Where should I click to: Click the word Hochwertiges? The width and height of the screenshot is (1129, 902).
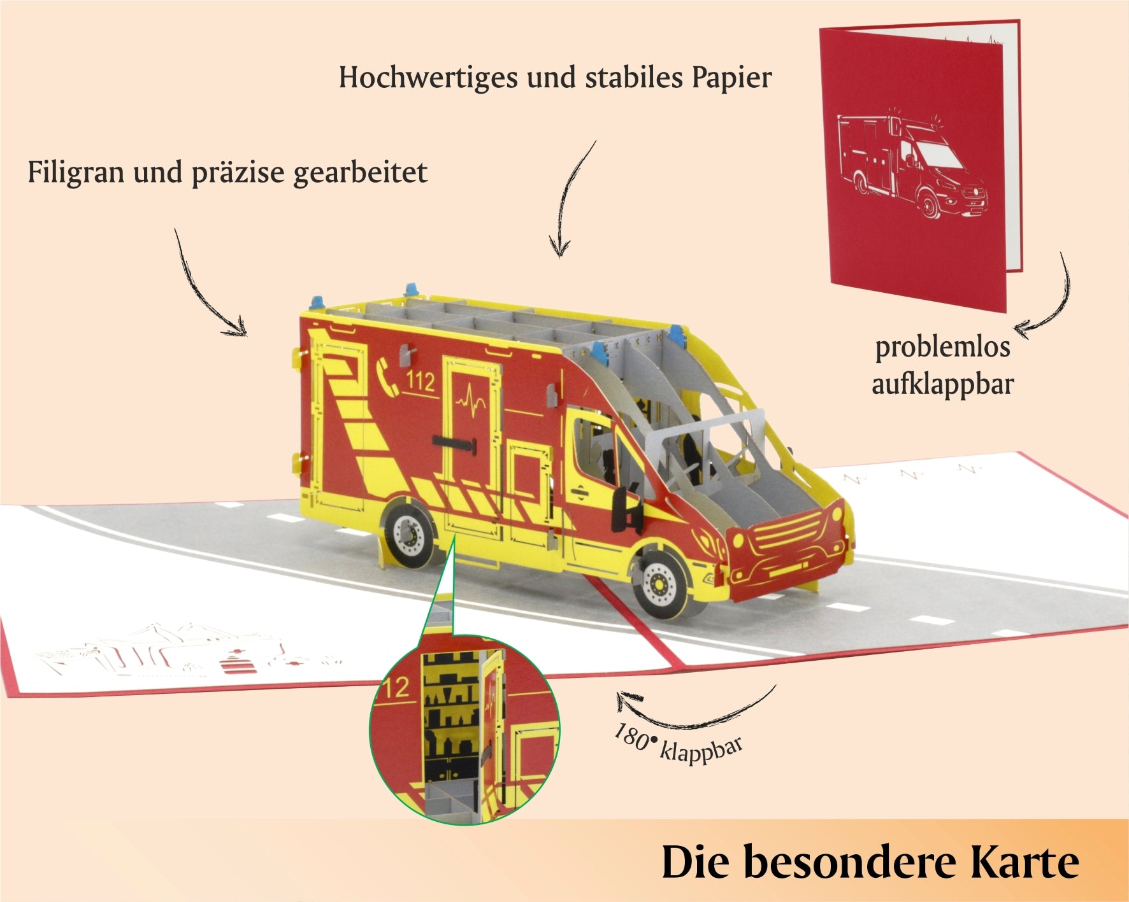[x=428, y=78]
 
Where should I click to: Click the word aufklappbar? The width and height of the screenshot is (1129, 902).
[x=943, y=384]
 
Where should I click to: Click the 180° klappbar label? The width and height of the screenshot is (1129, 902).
[x=678, y=743]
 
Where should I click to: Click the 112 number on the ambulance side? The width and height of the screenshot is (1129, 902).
[x=420, y=381]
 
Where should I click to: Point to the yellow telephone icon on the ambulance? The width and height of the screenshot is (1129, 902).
[x=387, y=376]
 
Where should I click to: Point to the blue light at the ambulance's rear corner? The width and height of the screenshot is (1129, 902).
[x=317, y=300]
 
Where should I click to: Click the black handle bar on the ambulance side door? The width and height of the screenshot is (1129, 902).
[x=454, y=444]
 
